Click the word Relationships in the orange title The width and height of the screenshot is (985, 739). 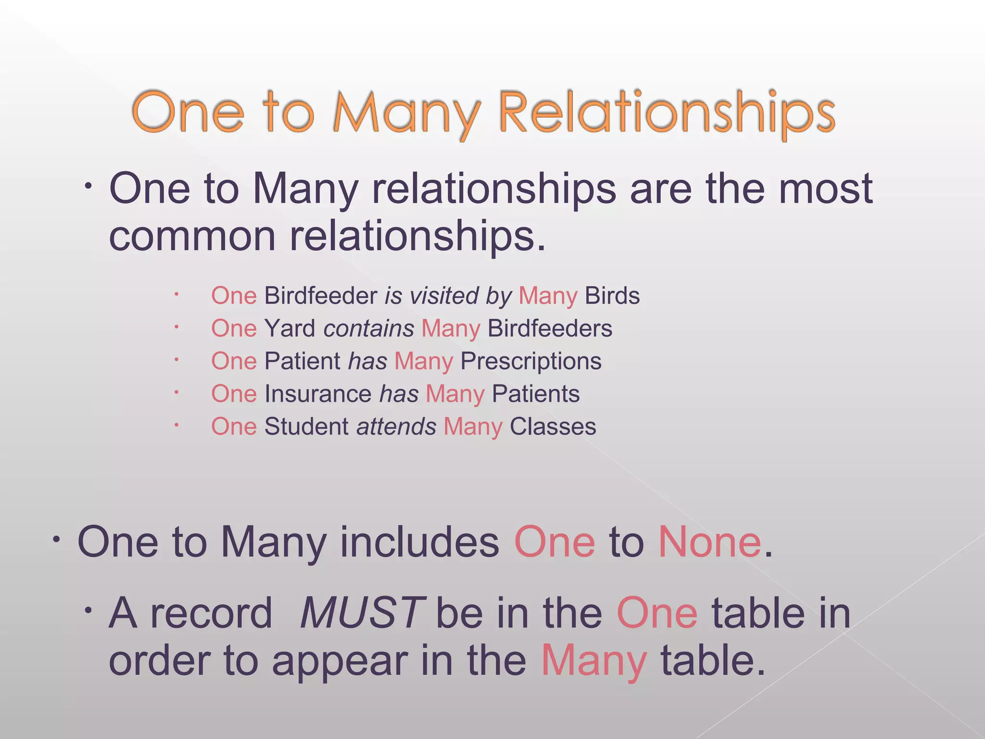[x=667, y=113]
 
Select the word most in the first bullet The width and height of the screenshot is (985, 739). [x=825, y=189]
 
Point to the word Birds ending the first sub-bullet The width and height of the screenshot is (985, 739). [x=612, y=295]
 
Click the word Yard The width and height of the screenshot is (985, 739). [x=290, y=328]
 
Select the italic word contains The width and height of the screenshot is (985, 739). [x=368, y=328]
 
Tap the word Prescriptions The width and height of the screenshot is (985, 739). [x=530, y=361]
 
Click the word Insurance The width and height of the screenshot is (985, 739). [x=317, y=394]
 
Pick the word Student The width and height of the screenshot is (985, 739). [x=306, y=426]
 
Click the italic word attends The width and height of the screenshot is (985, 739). [x=396, y=426]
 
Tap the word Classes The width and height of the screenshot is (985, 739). [x=553, y=426]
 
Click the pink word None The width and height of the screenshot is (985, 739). [x=709, y=542]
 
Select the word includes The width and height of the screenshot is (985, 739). [x=419, y=542]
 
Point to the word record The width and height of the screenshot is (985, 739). [x=211, y=612]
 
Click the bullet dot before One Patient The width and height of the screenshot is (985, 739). [x=177, y=359]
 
